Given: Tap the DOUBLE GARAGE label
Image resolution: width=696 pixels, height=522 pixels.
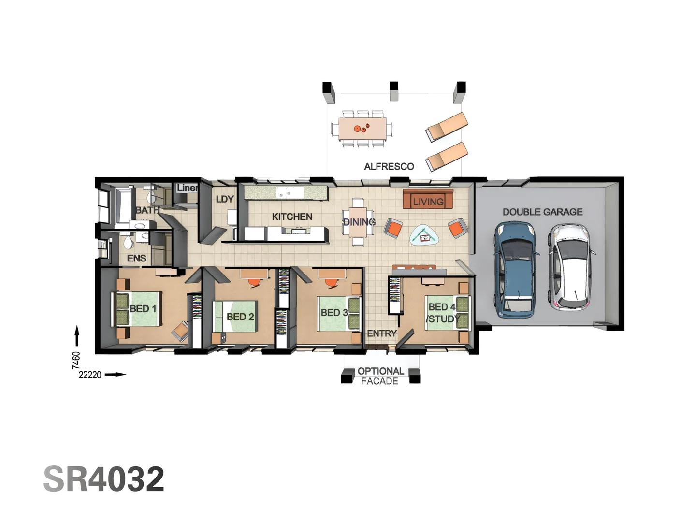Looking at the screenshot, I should click(542, 212).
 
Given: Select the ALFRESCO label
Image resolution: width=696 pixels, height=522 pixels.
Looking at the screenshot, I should click(389, 166).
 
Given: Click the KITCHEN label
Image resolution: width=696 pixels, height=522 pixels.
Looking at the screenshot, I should click(292, 217).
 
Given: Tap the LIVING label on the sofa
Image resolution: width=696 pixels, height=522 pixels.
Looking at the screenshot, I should click(428, 202).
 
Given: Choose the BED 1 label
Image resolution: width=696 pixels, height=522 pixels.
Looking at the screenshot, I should click(143, 308).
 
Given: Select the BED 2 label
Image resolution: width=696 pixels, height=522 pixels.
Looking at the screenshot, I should click(240, 317).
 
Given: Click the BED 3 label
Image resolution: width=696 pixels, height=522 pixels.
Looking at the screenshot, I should click(334, 313).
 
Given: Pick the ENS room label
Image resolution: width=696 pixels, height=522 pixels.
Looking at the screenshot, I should click(136, 258).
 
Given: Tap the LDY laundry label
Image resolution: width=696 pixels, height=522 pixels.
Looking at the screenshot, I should click(225, 199).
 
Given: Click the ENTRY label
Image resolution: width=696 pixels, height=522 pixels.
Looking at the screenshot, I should click(381, 333).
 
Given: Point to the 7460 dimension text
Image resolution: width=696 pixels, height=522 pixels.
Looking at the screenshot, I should click(76, 360).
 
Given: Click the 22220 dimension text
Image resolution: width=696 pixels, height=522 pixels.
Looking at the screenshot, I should click(90, 375).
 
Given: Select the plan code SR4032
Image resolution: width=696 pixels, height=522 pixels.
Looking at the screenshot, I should click(104, 479).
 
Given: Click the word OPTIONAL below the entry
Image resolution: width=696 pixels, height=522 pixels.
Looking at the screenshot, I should click(380, 371).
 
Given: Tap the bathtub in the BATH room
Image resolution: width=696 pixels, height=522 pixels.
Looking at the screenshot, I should click(123, 205).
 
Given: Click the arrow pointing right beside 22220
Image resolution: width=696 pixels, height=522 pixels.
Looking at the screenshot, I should click(116, 374).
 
